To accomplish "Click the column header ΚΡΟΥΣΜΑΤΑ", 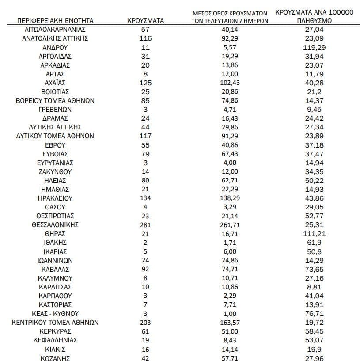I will pos(145,21).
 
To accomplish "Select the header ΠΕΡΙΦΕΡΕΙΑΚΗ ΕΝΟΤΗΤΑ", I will pos(55,21).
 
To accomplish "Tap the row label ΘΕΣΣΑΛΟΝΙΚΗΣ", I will pos(55,225).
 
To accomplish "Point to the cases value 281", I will pos(145,225).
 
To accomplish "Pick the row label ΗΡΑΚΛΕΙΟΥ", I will pos(55,198).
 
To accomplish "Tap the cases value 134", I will pos(145,198).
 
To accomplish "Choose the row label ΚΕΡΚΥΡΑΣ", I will pos(55,331).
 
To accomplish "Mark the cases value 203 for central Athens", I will pos(145,323).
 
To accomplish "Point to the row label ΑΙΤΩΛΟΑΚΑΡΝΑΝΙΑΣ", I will pos(55,30).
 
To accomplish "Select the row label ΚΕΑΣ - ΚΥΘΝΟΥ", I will pos(55,314).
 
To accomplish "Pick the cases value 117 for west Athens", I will pos(145,136).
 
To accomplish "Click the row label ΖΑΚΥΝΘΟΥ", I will pos(55,171).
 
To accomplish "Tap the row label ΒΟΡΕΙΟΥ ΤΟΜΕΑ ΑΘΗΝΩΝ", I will pos(55,101).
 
